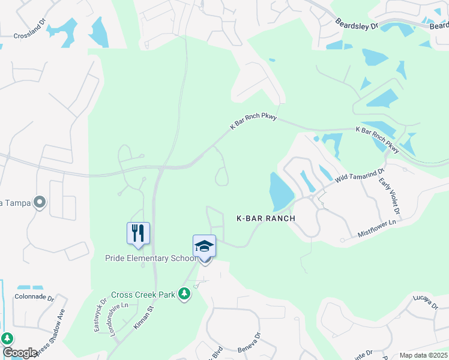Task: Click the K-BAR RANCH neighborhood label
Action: (265, 218)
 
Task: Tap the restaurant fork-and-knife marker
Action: (138, 233)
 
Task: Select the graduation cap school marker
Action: (204, 246)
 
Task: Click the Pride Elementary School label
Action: (151, 258)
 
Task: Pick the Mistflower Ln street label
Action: (377, 227)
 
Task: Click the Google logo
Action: (20, 353)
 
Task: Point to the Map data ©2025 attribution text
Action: (423, 355)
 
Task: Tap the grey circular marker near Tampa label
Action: (40, 202)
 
